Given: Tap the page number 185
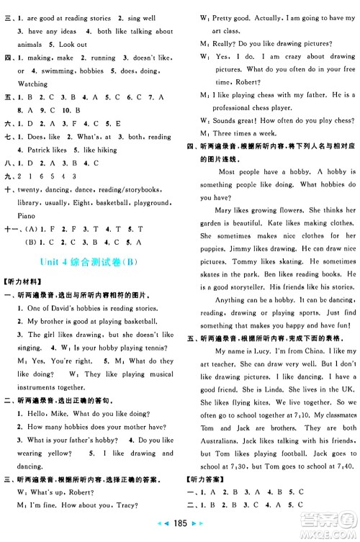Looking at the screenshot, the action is pyautogui.click(x=180, y=536).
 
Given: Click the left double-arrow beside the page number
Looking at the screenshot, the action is pyautogui.click(x=161, y=536).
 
